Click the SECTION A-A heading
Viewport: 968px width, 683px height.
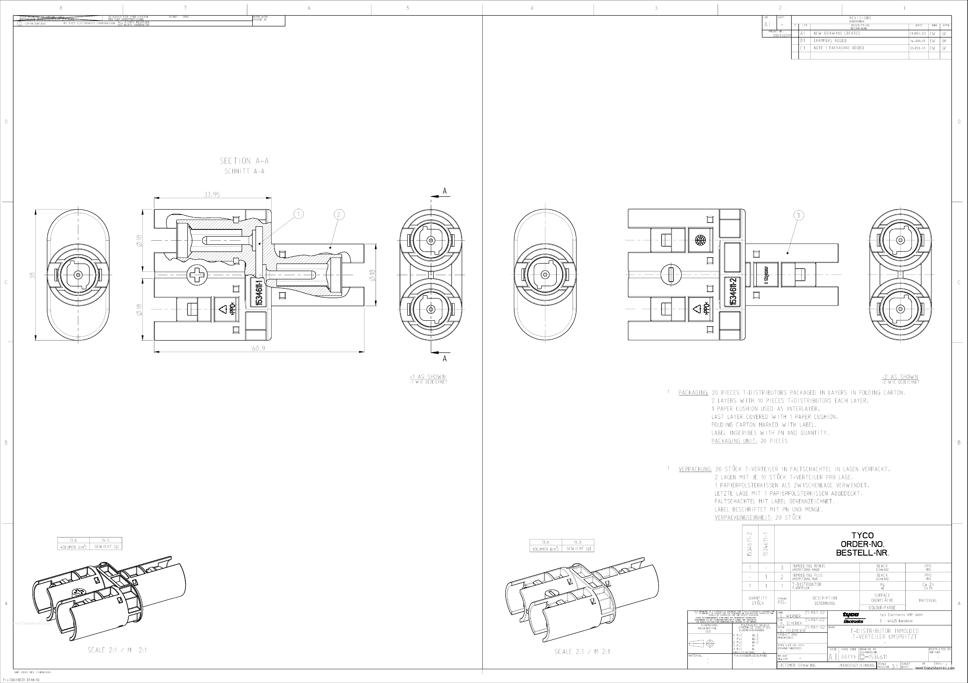[244, 161]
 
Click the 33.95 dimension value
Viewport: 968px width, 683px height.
[212, 195]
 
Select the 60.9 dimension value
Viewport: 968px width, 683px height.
[258, 348]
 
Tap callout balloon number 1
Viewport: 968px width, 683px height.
[298, 214]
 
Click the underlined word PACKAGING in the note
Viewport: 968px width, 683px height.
[693, 393]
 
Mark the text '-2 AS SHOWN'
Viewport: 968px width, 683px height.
[900, 377]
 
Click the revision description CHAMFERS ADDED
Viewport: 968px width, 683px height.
[830, 41]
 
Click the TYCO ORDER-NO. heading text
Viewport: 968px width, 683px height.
[862, 544]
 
